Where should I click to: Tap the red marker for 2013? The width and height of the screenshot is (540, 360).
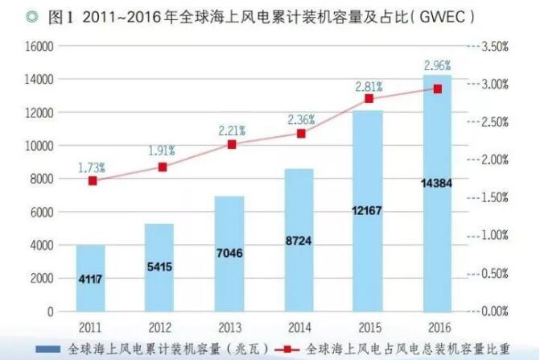(x=232, y=144)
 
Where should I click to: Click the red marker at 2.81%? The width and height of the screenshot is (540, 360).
(x=369, y=98)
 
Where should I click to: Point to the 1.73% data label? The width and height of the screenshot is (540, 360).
(x=92, y=168)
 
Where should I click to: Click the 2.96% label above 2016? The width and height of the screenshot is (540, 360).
(x=438, y=64)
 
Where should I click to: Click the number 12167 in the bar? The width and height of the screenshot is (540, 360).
(x=369, y=210)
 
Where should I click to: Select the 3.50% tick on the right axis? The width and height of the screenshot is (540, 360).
(x=494, y=47)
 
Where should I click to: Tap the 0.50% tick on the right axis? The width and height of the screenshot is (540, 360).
(x=494, y=273)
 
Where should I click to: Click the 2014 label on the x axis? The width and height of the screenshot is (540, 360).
(x=299, y=329)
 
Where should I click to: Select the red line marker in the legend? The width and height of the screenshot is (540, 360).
(x=294, y=350)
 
